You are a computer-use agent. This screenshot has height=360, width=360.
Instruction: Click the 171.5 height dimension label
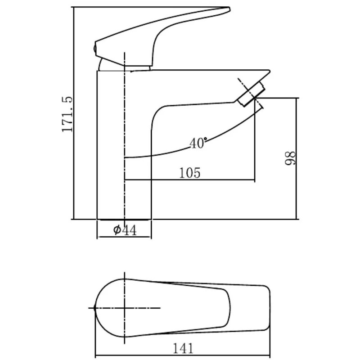[x=67, y=114]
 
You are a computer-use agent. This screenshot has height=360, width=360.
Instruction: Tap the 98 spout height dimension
[x=290, y=158]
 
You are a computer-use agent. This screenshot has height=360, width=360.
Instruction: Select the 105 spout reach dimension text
[x=189, y=173]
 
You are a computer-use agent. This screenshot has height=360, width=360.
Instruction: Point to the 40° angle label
[x=198, y=143]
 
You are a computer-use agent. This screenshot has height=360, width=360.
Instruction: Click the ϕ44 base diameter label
[x=125, y=230]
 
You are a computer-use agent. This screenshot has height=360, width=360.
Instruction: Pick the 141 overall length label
[x=183, y=348]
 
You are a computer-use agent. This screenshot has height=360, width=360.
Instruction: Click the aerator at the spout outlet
[x=251, y=94]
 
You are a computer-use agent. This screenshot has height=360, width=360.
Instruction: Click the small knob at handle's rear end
[x=94, y=49]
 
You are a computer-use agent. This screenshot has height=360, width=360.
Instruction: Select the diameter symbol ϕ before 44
[x=117, y=230]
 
